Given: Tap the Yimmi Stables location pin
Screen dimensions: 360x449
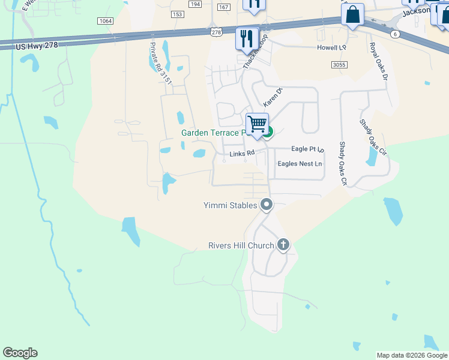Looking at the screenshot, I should pyautogui.click(x=267, y=205).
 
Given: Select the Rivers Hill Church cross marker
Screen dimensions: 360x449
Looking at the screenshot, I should pyautogui.click(x=283, y=245).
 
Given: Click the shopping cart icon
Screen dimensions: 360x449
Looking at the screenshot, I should pyautogui.click(x=258, y=124).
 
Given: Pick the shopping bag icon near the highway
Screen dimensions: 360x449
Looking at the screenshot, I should pyautogui.click(x=353, y=14).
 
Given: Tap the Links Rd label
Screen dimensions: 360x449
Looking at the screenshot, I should pyautogui.click(x=243, y=154).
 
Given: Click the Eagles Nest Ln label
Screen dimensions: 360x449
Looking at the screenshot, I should pyautogui.click(x=300, y=164).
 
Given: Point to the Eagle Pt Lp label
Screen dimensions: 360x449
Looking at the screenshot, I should pyautogui.click(x=307, y=149).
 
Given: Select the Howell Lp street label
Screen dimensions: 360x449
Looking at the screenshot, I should pyautogui.click(x=332, y=47).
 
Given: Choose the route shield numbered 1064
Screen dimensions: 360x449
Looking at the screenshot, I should pyautogui.click(x=104, y=20).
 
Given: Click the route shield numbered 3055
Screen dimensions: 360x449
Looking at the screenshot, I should pyautogui.click(x=339, y=64).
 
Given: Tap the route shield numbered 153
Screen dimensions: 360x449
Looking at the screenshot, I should pyautogui.click(x=176, y=13).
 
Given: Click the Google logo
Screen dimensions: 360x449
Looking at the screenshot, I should pyautogui.click(x=20, y=353).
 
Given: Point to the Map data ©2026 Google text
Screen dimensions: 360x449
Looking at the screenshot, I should pyautogui.click(x=411, y=355).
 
